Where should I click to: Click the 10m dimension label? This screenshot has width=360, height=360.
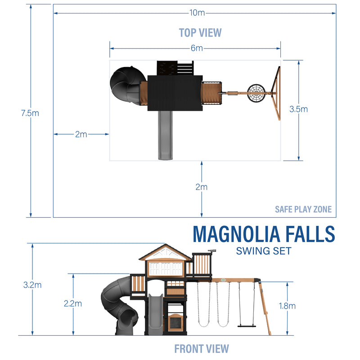tap(197, 13)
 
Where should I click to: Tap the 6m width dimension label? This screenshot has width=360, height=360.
tap(197, 48)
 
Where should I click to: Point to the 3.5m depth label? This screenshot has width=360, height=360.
tap(298, 109)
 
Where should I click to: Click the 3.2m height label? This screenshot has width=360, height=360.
tap(32, 285)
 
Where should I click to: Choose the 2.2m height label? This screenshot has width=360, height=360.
tap(73, 303)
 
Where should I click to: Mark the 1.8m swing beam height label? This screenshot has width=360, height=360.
tap(287, 306)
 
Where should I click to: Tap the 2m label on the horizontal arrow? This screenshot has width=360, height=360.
tap(81, 134)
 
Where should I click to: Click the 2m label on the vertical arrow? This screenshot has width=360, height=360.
tap(202, 187)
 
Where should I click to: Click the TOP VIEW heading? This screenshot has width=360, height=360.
tap(200, 32)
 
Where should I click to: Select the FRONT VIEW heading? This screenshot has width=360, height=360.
tap(201, 348)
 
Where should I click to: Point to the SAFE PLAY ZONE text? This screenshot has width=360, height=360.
tap(303, 209)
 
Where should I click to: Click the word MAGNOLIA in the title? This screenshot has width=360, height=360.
tap(236, 234)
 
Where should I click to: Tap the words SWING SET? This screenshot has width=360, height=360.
tap(263, 251)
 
